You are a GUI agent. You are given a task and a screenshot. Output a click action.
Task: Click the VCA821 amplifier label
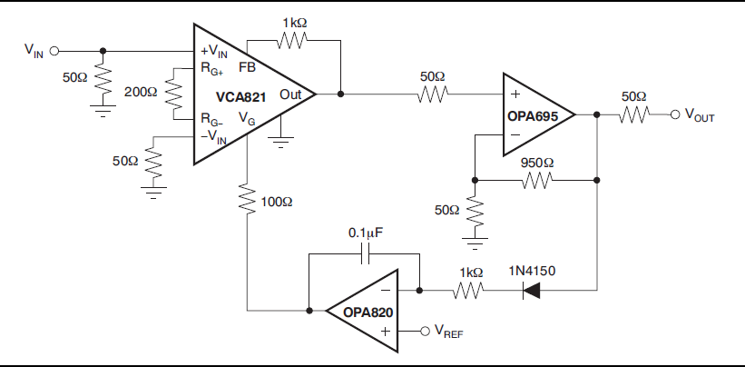[240, 96]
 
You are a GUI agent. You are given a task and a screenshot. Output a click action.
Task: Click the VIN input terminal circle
[54, 52]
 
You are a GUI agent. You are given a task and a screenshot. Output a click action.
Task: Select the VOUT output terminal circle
[674, 114]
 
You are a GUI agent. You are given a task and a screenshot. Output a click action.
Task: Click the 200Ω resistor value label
[141, 92]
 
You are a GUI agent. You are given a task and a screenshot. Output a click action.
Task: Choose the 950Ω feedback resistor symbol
[536, 180]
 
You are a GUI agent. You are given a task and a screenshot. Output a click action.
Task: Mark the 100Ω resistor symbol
[246, 199]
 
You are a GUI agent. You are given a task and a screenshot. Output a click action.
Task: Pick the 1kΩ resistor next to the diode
[470, 291]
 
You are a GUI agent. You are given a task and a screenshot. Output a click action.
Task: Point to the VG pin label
[247, 118]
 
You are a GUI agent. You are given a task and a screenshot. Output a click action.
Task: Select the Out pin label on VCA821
[290, 94]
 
